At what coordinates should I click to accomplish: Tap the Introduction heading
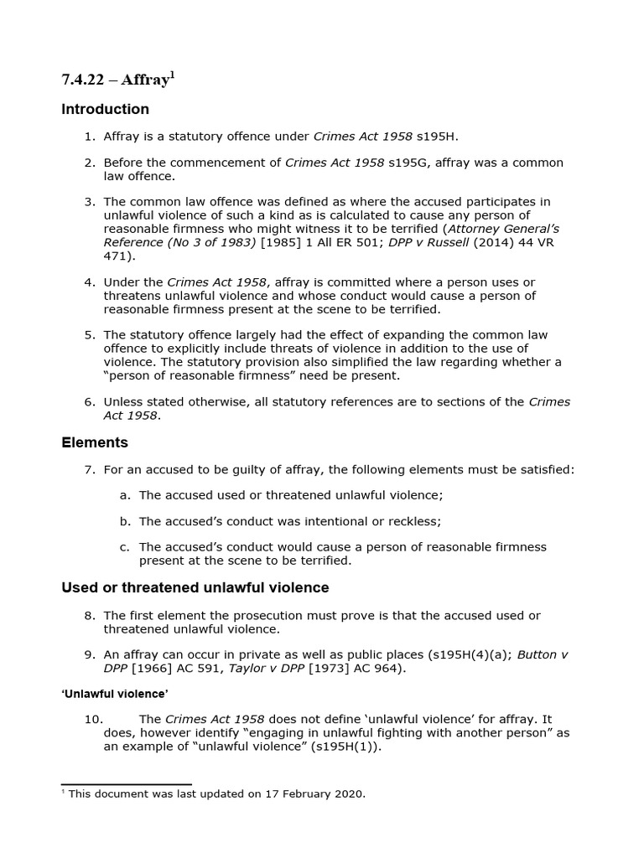[106, 110]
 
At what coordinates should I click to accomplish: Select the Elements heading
[95, 442]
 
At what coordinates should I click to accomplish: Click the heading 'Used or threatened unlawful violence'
[195, 588]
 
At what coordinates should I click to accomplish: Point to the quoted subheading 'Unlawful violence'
[115, 693]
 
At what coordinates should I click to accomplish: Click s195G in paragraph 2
[408, 163]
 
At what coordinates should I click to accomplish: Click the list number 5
[89, 335]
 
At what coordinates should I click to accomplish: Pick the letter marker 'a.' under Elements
[125, 495]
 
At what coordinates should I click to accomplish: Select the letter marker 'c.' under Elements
[125, 547]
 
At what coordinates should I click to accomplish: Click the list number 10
[93, 720]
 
